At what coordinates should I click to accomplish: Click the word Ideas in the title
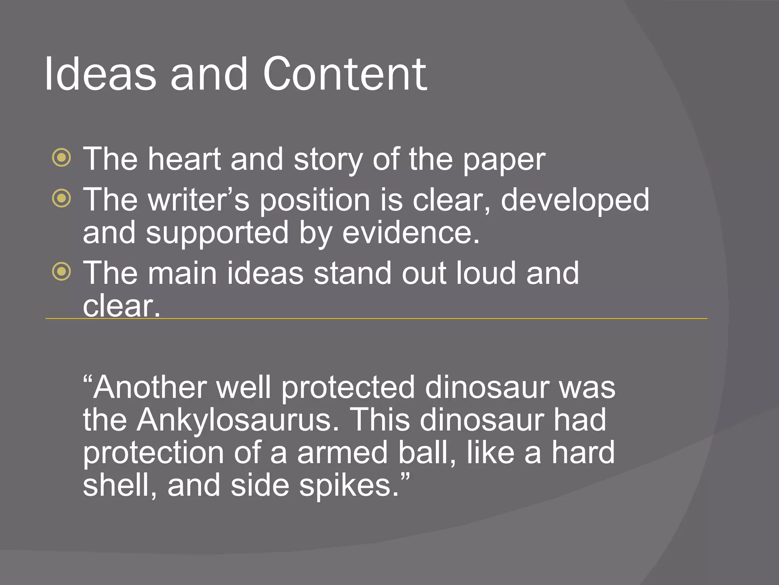tap(100, 74)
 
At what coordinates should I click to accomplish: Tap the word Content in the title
tap(345, 74)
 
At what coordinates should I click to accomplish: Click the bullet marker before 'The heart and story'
tap(62, 157)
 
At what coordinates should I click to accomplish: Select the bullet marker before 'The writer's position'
tap(62, 198)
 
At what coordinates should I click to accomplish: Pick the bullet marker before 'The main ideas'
tap(62, 272)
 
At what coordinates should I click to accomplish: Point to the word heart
tap(184, 159)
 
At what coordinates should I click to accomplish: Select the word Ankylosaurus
tap(237, 420)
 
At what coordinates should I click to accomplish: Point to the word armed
tap(342, 453)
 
